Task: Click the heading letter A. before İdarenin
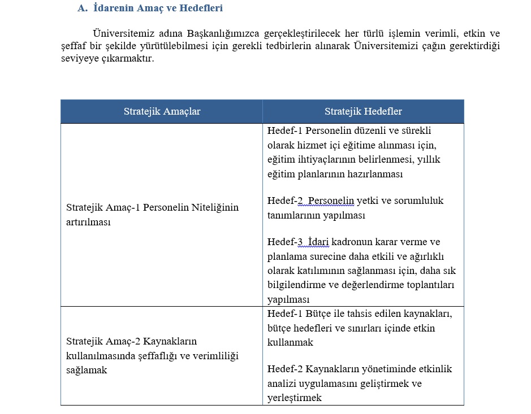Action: pos(81,8)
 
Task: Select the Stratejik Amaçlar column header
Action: pos(162,111)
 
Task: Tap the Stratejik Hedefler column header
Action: pos(363,111)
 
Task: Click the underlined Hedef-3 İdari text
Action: pos(299,242)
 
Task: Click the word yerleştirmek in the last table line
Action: pos(294,398)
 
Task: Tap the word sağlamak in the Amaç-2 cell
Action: pos(87,370)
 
